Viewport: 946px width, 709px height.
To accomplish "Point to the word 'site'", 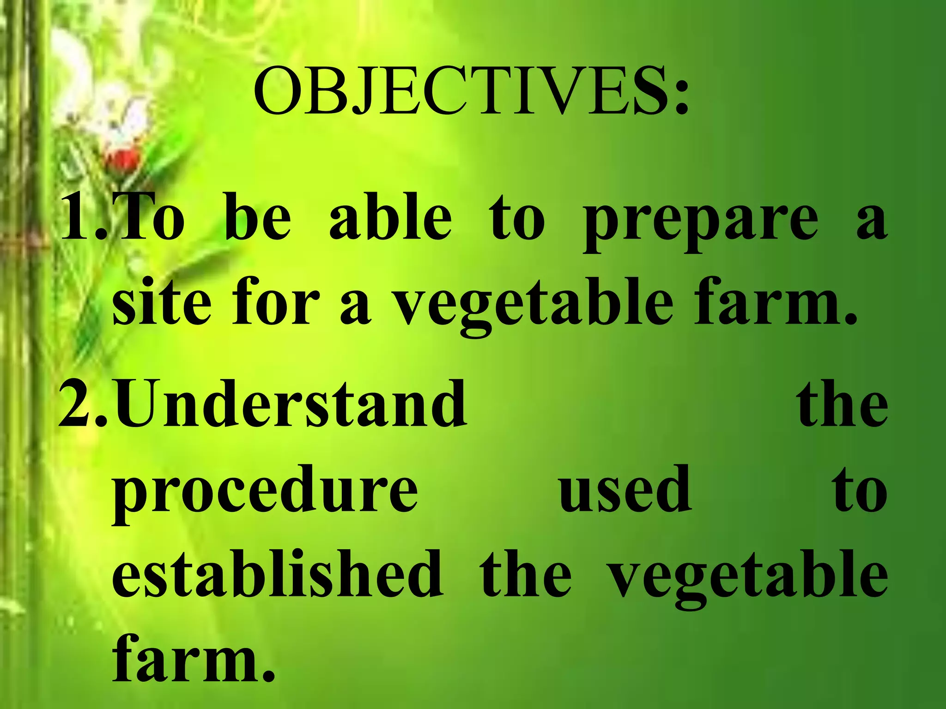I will (x=161, y=302).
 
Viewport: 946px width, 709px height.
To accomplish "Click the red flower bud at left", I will (x=122, y=159).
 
